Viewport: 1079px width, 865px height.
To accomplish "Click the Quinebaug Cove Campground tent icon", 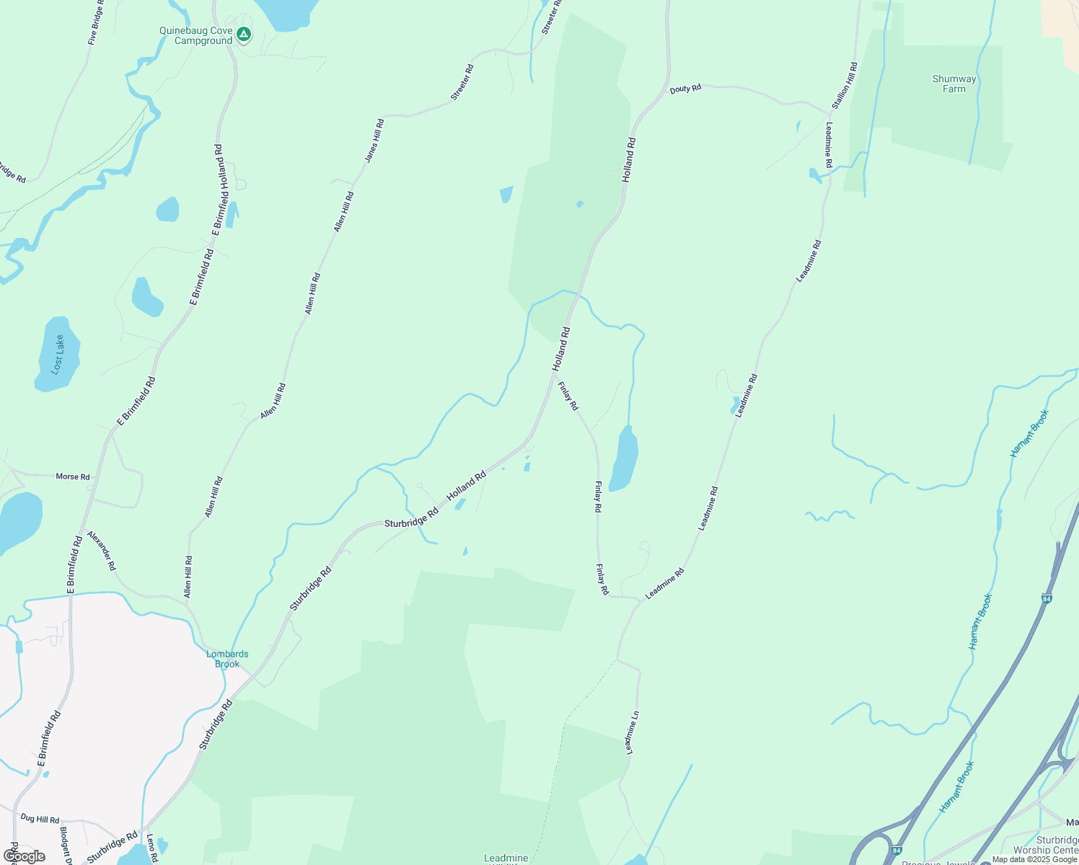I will tap(245, 34).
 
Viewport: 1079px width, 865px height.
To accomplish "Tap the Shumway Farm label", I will tap(954, 84).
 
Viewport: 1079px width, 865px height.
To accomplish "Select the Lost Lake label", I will tap(58, 354).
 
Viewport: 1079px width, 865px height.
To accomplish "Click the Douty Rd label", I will tap(685, 89).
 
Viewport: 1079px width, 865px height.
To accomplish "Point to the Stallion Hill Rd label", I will tap(845, 86).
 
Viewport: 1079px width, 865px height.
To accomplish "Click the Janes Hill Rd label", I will tap(374, 141).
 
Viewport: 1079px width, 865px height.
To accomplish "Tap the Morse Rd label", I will tap(73, 476).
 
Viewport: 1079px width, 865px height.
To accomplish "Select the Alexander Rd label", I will tap(101, 551).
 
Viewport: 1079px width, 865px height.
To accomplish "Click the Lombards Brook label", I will tap(227, 659).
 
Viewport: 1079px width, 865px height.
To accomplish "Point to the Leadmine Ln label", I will tap(632, 732).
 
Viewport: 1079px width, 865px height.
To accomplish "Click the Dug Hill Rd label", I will tap(40, 819).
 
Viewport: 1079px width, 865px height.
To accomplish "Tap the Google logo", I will tap(25, 856).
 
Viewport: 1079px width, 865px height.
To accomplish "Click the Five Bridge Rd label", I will tap(96, 22).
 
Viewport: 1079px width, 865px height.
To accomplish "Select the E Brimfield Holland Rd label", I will tap(220, 190).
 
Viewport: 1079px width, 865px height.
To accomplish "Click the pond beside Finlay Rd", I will tap(624, 459).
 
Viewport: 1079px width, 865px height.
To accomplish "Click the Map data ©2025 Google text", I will tap(1034, 859).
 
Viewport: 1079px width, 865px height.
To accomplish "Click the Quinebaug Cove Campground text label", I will tap(196, 36).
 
